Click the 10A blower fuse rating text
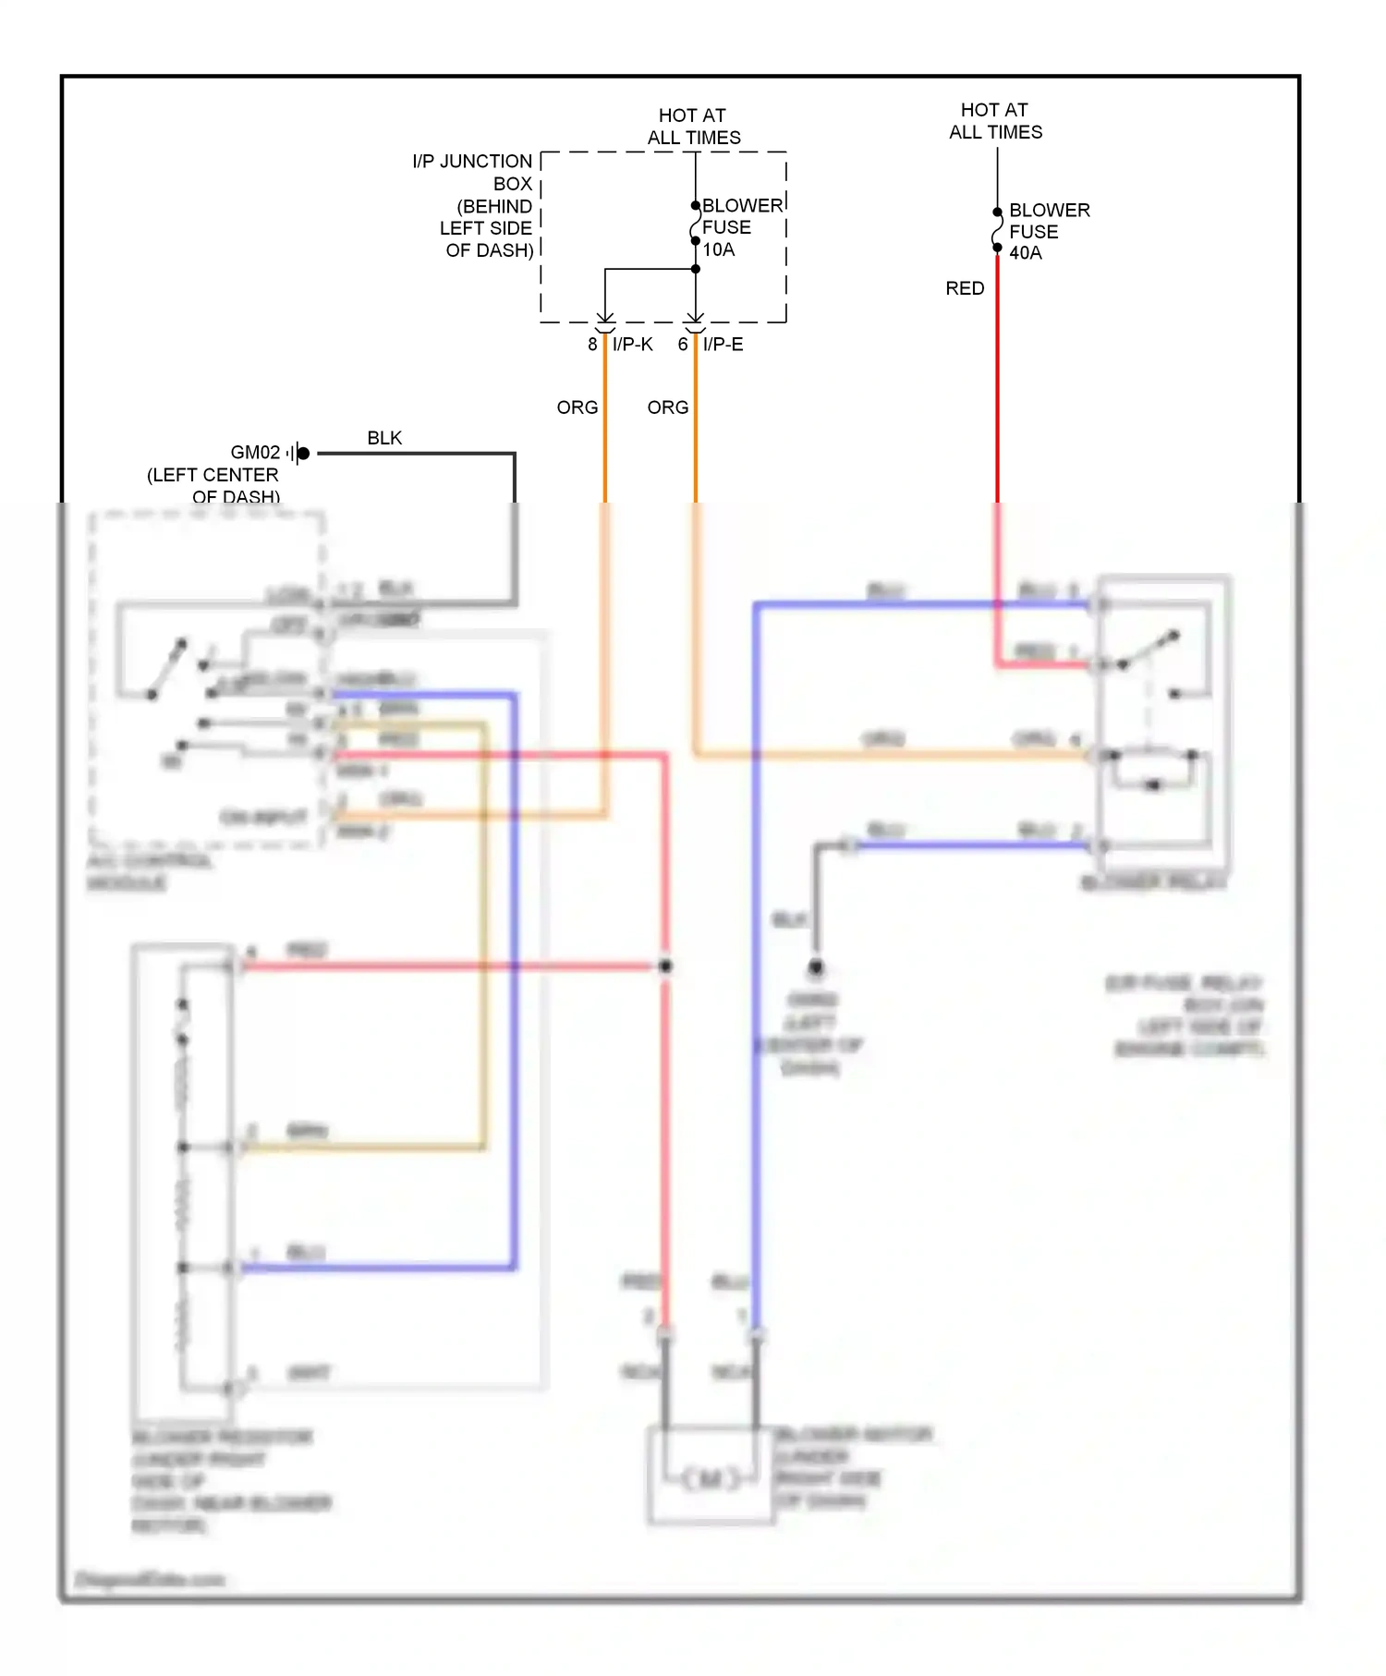(x=719, y=249)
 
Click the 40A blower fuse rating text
(x=1025, y=253)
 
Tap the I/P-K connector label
(x=632, y=345)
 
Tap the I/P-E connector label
(x=723, y=345)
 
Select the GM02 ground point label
(x=255, y=453)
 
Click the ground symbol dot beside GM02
(x=303, y=453)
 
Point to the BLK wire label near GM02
(x=384, y=438)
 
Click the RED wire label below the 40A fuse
(x=965, y=288)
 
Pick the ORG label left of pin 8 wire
(x=577, y=407)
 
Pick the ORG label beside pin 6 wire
(x=667, y=407)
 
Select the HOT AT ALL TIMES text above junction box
(x=693, y=127)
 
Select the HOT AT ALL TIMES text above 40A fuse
(x=995, y=121)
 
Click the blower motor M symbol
(x=711, y=1479)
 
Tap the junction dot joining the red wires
(x=665, y=966)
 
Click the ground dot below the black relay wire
(x=816, y=967)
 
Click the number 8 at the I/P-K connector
(x=592, y=345)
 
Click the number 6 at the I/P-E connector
(x=683, y=345)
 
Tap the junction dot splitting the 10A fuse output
(x=696, y=269)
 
